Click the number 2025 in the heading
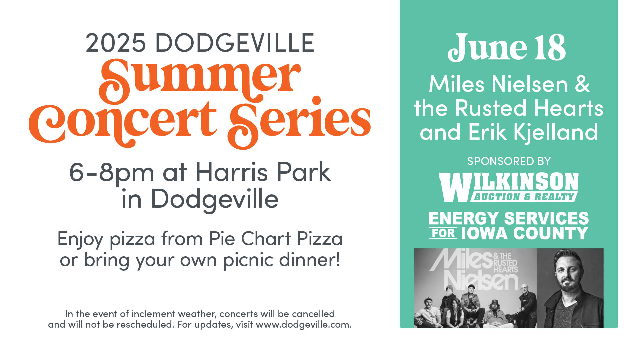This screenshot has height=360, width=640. (116, 43)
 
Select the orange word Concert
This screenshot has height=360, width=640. (123, 123)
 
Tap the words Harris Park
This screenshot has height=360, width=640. (263, 172)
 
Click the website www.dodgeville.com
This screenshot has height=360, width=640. (304, 324)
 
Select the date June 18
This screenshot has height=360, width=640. (507, 48)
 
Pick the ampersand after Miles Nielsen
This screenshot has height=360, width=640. (582, 84)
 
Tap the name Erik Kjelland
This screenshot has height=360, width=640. (533, 132)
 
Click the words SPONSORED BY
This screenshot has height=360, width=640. (509, 161)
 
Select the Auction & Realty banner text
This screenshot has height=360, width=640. (524, 197)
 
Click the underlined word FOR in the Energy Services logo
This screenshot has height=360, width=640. (443, 233)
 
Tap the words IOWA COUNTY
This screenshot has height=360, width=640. (525, 233)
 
